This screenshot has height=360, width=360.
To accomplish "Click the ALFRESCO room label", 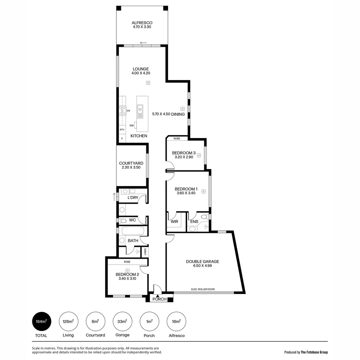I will tap(142, 23).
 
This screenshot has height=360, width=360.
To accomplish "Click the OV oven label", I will tap(128, 111).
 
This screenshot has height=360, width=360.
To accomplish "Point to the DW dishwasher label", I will tap(132, 125).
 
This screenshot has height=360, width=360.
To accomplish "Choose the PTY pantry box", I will tap(122, 130).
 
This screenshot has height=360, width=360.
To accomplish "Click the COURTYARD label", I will tap(131, 163).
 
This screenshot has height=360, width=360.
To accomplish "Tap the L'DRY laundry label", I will tap(133, 198).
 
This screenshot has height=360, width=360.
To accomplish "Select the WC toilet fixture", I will tap(123, 220).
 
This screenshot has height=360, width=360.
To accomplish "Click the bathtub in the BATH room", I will tap(133, 231).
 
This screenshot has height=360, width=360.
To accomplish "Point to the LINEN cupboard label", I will tap(145, 252).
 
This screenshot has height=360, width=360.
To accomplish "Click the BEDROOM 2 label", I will tap(127, 274).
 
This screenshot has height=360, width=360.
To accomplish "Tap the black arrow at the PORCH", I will tap(158, 296).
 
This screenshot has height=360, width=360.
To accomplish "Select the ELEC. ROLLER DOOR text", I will tap(203, 289).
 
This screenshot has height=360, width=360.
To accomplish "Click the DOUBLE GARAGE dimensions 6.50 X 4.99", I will tap(202, 266).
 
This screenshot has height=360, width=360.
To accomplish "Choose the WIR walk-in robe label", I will tap(174, 221).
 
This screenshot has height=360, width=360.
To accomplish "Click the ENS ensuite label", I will tap(194, 221).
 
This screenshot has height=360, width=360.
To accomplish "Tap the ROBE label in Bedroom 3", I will tap(177, 138).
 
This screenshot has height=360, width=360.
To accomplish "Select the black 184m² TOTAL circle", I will tap(41, 322).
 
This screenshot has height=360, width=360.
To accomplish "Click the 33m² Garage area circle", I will tap(122, 322).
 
